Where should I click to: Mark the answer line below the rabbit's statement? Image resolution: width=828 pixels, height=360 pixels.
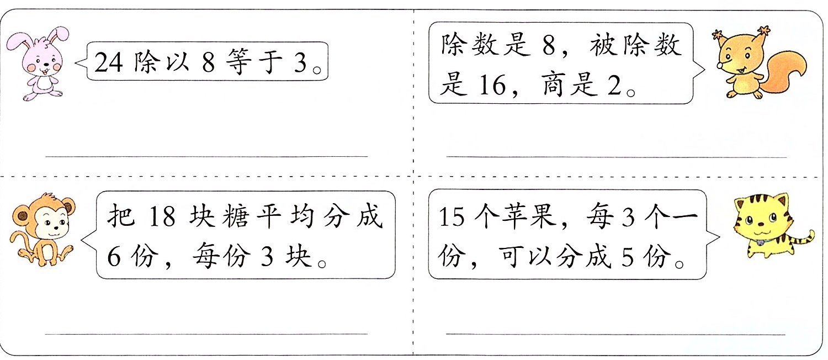click(x=206, y=157)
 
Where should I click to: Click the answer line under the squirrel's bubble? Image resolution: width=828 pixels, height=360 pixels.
click(x=616, y=157)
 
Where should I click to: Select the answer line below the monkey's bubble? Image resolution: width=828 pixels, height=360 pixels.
click(x=206, y=333)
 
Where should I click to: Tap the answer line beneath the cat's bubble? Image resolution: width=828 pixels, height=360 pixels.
click(x=615, y=334)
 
